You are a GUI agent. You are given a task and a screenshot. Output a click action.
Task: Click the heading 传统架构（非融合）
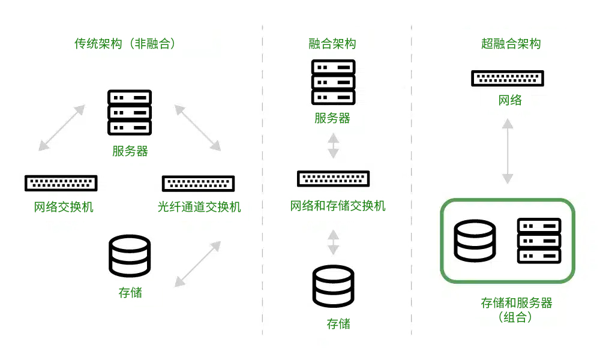pos(127,44)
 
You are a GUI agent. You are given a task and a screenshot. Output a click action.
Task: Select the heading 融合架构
pos(332,44)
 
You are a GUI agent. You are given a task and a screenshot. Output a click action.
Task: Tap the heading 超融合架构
pos(511,44)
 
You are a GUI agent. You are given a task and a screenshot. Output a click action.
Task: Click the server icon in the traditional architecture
pos(130,112)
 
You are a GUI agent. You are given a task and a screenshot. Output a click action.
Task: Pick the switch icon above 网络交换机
pos(61,183)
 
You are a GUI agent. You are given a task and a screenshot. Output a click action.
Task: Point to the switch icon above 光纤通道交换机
pos(199,183)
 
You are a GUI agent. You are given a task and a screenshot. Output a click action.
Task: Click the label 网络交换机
pos(64,208)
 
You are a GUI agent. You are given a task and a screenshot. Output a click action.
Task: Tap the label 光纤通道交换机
pos(199,208)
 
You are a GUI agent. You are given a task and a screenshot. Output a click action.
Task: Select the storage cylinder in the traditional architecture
pos(130,256)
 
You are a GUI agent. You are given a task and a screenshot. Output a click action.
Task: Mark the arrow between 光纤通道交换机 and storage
pos(197,263)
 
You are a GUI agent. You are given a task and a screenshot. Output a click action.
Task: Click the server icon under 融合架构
pos(333,82)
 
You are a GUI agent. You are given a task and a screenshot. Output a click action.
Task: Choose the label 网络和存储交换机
pos(338,206)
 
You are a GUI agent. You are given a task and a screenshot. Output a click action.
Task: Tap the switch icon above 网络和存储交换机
pos(334,178)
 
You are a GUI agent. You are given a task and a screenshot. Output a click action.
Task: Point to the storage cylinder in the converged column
pos(334,287)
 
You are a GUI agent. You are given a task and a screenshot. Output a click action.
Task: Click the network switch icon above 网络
pos(508,78)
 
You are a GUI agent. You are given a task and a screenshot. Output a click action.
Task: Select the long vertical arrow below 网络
pos(508,151)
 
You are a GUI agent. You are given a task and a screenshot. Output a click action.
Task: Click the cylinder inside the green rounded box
pos(475,241)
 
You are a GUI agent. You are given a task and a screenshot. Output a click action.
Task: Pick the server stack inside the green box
pos(539,241)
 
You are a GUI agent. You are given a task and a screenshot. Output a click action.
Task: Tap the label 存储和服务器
pos(517,303)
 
